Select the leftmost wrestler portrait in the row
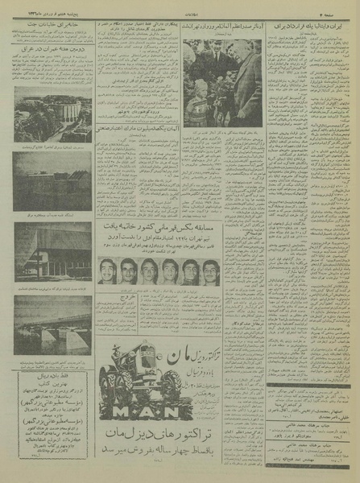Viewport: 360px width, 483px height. [x=108, y=271]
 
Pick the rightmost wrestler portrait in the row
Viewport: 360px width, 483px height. [x=211, y=271]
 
